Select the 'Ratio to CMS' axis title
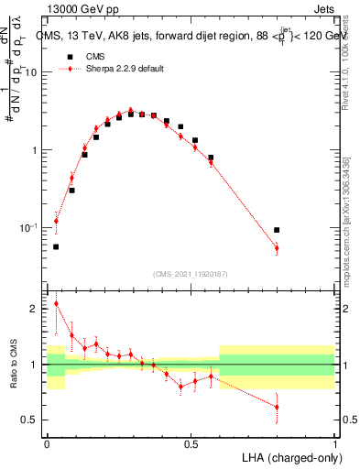point(12,365)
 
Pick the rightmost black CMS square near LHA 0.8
point(277,230)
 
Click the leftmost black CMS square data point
point(56,246)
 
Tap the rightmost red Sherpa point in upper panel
point(277,248)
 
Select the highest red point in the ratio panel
point(56,303)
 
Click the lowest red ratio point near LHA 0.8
point(277,407)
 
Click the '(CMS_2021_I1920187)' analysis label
point(191,273)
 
